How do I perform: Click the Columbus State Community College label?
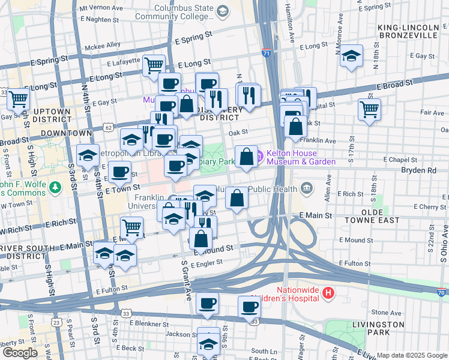184,13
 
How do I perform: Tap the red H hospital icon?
328,293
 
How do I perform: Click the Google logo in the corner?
20,352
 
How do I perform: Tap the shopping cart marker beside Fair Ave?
369,109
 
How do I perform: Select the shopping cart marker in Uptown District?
19,98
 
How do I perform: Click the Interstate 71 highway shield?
265,53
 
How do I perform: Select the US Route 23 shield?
56,322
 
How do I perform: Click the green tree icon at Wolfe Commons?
56,187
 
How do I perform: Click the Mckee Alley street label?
86,45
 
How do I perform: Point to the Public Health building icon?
307,189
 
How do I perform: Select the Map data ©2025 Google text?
411,355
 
